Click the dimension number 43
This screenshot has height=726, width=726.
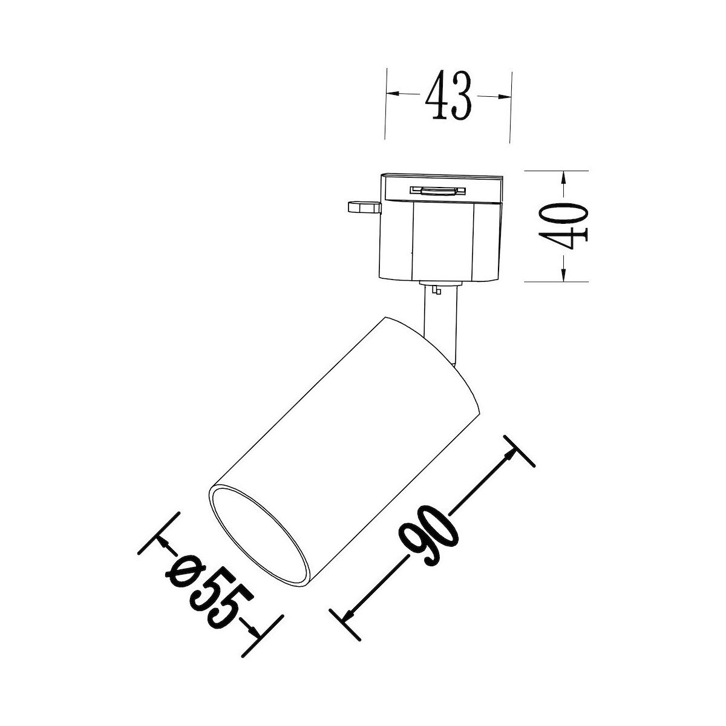point(448,96)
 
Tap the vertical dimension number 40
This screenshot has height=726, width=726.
point(563,226)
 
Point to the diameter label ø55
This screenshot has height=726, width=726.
point(204,598)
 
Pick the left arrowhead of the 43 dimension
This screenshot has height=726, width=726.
point(393,93)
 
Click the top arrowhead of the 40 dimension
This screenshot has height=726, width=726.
point(563,178)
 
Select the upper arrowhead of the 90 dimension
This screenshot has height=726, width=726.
point(509,457)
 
